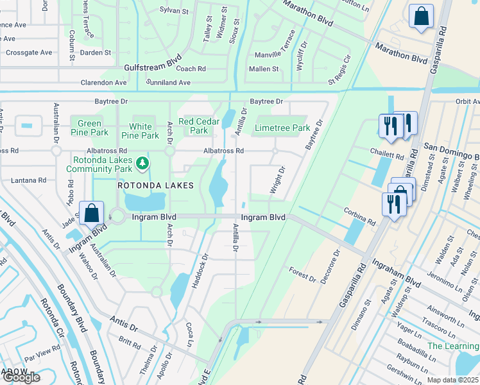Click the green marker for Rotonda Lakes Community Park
tap(142, 165)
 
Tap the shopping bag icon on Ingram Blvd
tap(91, 212)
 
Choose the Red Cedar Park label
tap(194, 126)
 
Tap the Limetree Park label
tap(282, 128)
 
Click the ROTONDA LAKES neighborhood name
tap(146, 185)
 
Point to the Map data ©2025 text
tap(452, 380)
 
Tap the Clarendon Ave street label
tap(103, 83)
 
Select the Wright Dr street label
tap(277, 181)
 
